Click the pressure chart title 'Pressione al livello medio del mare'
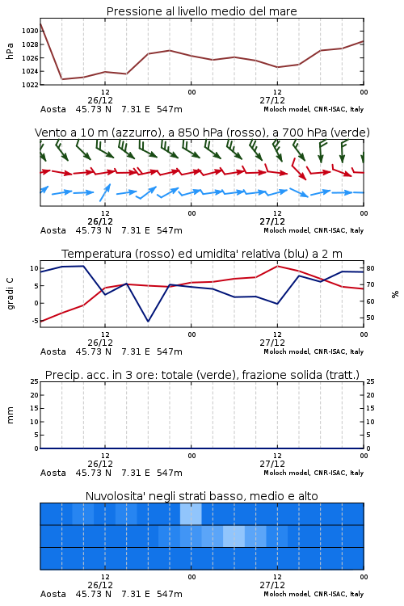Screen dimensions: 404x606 tap(201, 11)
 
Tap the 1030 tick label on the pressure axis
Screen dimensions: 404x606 tap(30, 31)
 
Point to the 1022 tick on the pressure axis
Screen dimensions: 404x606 tap(30, 85)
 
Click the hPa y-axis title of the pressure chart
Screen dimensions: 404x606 tap(10, 51)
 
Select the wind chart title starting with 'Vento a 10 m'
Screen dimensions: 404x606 tap(202, 133)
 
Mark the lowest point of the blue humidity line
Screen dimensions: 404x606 tap(148, 322)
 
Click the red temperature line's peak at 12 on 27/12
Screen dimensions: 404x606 tap(277, 266)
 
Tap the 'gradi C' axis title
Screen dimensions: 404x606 tap(11, 294)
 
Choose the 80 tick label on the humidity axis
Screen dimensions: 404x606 tap(370, 268)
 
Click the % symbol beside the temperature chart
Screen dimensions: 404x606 tap(395, 294)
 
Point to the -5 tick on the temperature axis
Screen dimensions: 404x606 tap(35, 321)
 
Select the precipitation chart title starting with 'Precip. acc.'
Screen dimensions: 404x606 tap(202, 375)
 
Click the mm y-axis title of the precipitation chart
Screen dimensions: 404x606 tap(10, 415)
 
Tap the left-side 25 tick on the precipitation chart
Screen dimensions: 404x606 tap(35, 381)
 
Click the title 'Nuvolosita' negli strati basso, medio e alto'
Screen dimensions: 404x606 tap(201, 496)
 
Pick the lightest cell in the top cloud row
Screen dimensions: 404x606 tap(191, 514)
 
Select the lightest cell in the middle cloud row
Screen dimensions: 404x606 tap(234, 536)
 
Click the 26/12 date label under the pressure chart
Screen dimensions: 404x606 tap(100, 100)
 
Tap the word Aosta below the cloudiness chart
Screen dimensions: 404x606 tap(53, 594)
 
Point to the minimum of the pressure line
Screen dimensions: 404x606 tap(62, 79)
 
